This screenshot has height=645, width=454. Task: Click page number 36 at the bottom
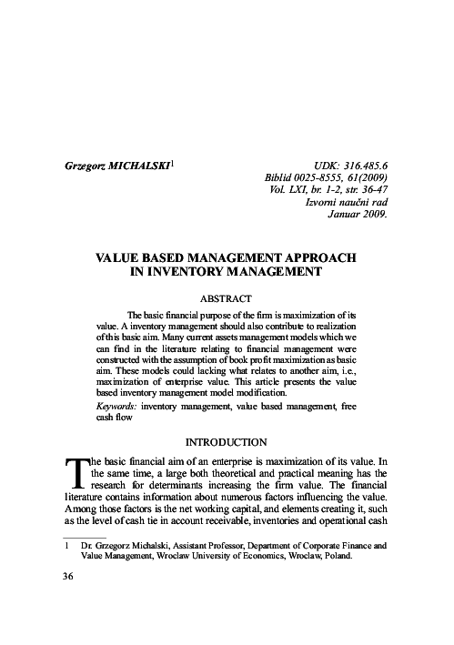coord(67,577)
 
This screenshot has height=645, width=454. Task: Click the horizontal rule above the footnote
coord(83,538)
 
